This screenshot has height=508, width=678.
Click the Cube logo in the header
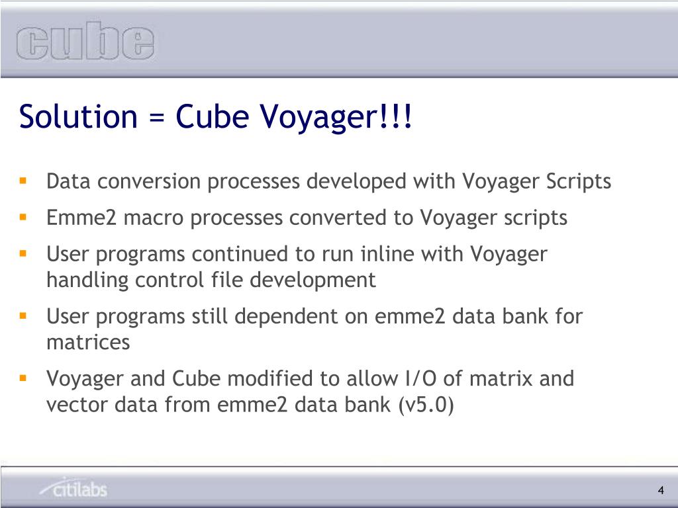click(85, 43)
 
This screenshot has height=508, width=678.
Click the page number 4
click(661, 490)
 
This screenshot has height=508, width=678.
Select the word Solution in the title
click(77, 116)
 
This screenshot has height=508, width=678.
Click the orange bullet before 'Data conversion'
click(23, 180)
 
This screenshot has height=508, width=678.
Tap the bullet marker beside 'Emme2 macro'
click(23, 216)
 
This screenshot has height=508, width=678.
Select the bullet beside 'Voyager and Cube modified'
click(23, 378)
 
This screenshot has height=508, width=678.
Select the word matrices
click(87, 343)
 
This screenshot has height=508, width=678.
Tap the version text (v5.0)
click(426, 405)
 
